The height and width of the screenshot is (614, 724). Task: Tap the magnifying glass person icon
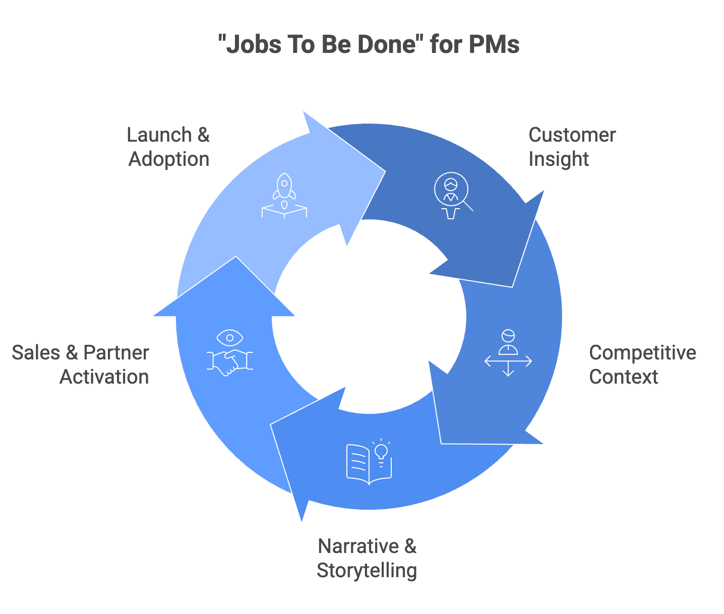(x=452, y=192)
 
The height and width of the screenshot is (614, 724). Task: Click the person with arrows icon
(x=508, y=353)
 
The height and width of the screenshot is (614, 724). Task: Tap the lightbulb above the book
(x=382, y=450)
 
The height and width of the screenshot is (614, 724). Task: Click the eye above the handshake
(x=230, y=337)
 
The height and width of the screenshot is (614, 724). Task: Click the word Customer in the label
(x=572, y=135)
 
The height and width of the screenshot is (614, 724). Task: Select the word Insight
(x=558, y=159)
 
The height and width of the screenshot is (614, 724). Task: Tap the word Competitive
(x=642, y=353)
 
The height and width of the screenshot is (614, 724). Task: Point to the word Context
(x=623, y=377)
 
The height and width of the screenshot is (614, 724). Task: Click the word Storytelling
(x=367, y=571)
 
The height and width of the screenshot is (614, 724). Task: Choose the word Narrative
(x=358, y=546)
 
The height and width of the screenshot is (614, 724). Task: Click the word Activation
(x=104, y=377)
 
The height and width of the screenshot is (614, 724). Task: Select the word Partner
(x=116, y=353)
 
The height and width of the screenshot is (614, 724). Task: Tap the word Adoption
(x=169, y=159)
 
